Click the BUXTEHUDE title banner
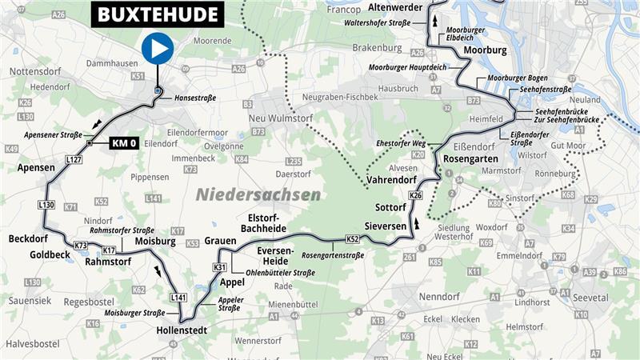pos(158,14)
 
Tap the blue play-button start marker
pos(158,49)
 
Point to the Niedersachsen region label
pos(258,194)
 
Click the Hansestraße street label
pos(195,98)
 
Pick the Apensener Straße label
pos(53,135)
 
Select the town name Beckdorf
pos(29,238)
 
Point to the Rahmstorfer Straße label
pos(122,230)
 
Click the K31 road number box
pos(220,267)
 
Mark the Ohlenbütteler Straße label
pos(281,273)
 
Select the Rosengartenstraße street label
pos(333,255)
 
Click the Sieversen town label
pos(386,226)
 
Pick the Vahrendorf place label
pos(394,181)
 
